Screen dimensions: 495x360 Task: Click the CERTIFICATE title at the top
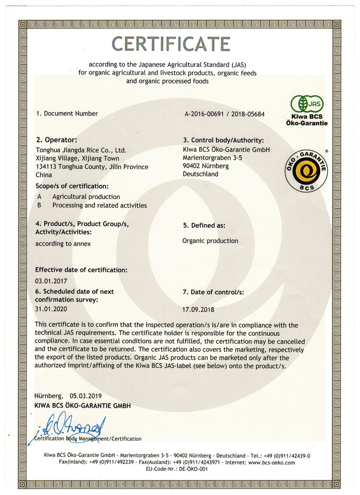(171, 44)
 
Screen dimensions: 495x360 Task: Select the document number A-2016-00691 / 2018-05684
(224, 114)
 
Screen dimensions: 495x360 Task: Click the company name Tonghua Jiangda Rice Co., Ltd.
(82, 149)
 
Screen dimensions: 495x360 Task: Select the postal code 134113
(47, 167)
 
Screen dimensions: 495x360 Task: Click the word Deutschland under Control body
(200, 174)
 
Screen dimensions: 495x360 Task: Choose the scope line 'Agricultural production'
(86, 197)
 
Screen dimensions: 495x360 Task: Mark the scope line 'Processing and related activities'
(99, 205)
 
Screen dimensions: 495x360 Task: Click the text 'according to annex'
(64, 244)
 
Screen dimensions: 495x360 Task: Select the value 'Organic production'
(210, 241)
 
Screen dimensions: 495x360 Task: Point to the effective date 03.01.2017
(51, 280)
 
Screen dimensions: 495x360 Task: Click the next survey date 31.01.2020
(51, 308)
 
